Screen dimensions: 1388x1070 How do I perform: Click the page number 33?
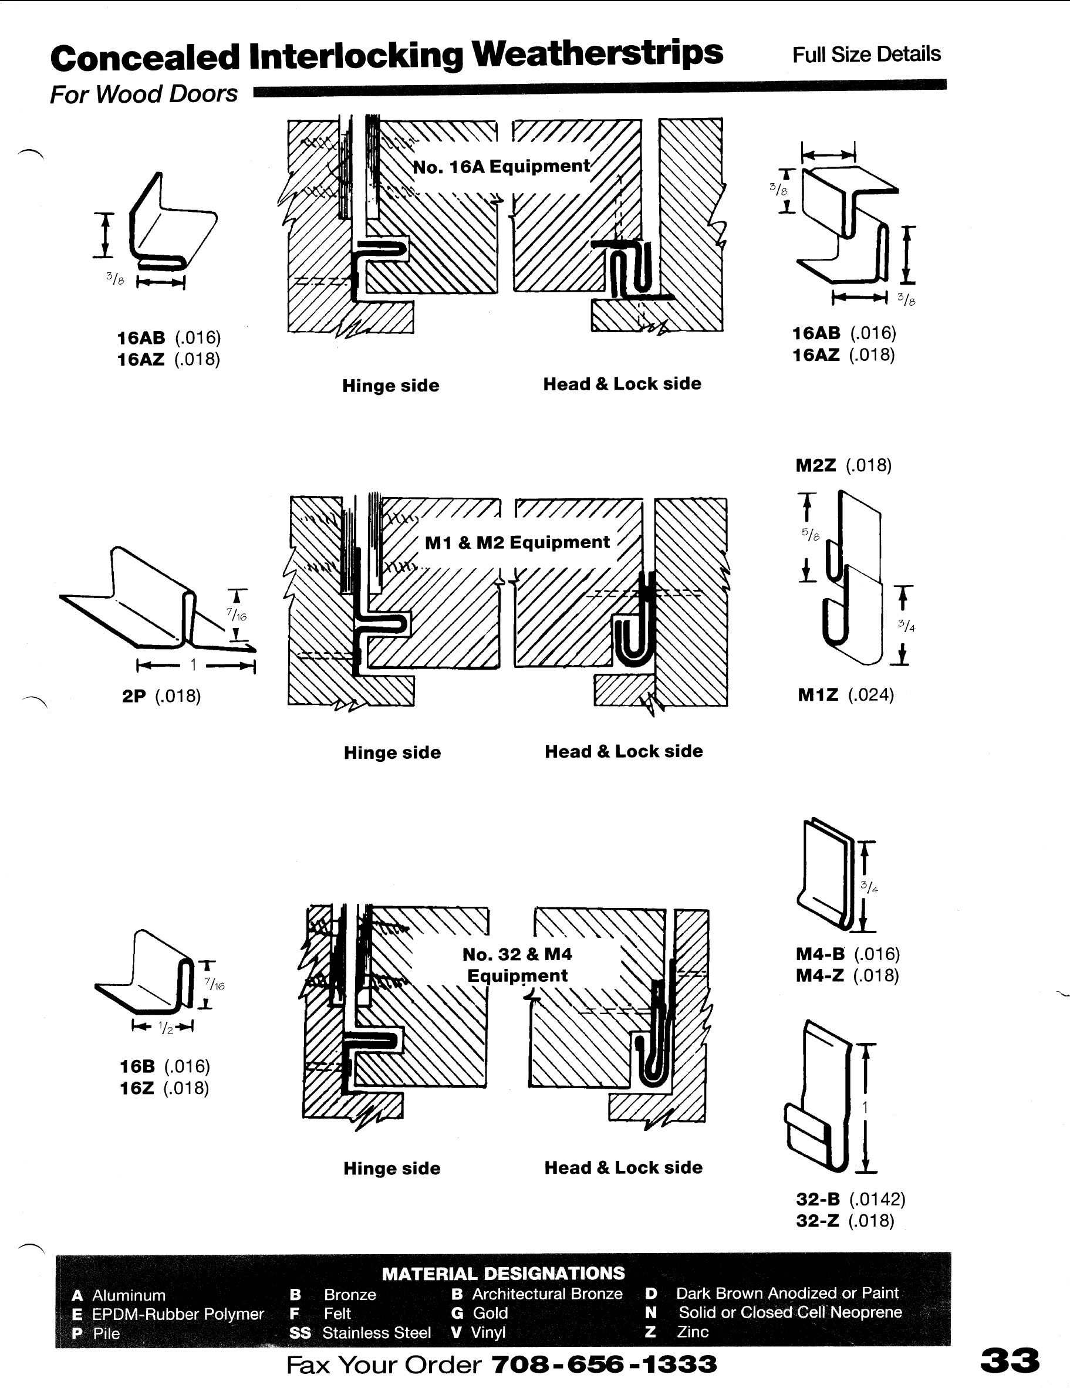pyautogui.click(x=1010, y=1360)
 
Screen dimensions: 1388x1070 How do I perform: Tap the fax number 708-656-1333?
pyautogui.click(x=604, y=1364)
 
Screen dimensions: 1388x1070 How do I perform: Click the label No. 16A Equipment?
pyautogui.click(x=502, y=167)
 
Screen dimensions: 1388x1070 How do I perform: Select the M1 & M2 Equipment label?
pyautogui.click(x=517, y=542)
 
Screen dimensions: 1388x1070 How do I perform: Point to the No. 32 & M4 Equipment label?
pyautogui.click(x=517, y=965)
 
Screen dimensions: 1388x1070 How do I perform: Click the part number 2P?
pyautogui.click(x=133, y=696)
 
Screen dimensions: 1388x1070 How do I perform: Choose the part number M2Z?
pyautogui.click(x=816, y=466)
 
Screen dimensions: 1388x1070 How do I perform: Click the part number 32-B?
pyautogui.click(x=818, y=1199)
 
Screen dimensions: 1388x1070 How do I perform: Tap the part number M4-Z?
pyautogui.click(x=819, y=975)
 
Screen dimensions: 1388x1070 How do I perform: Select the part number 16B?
pyautogui.click(x=137, y=1066)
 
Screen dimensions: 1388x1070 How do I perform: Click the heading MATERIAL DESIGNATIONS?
pyautogui.click(x=503, y=1273)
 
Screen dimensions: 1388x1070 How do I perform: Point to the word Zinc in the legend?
pyautogui.click(x=693, y=1332)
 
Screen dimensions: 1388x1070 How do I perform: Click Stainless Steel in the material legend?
pyautogui.click(x=376, y=1332)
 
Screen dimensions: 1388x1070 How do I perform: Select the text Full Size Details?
pyautogui.click(x=866, y=55)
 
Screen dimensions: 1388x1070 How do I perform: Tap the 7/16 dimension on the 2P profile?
pyautogui.click(x=237, y=615)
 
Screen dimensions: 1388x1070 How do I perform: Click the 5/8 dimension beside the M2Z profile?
pyautogui.click(x=811, y=535)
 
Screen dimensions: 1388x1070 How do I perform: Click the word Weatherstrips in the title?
pyautogui.click(x=597, y=53)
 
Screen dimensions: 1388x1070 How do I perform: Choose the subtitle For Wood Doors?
pyautogui.click(x=144, y=94)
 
